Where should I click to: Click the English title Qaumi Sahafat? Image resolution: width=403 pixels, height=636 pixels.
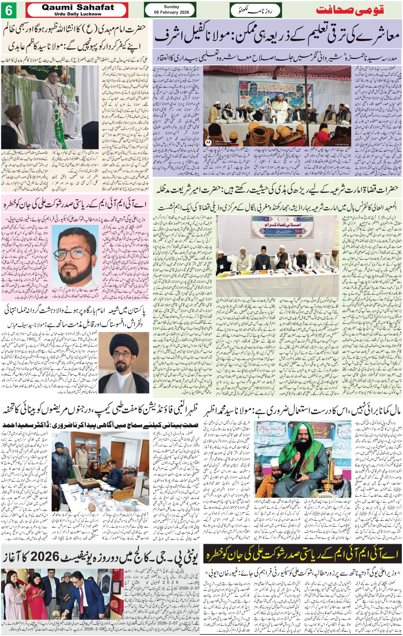(x=78, y=7)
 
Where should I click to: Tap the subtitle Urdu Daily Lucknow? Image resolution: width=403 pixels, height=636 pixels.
(x=78, y=14)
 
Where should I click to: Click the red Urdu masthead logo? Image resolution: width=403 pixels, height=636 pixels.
(x=350, y=10)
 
